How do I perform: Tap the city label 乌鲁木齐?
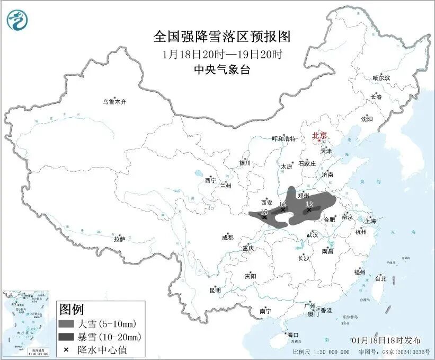(115, 102)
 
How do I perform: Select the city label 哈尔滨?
(380, 78)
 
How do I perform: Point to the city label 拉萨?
(119, 239)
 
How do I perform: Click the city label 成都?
(227, 238)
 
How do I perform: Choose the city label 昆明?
(215, 290)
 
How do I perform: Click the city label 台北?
(380, 278)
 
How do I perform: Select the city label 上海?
(370, 221)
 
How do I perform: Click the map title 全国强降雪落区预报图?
(222, 37)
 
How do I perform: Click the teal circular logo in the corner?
(17, 20)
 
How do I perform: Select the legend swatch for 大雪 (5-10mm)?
(66, 323)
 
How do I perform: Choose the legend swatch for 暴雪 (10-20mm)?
(66, 337)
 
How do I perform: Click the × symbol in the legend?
(66, 349)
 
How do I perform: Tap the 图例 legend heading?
(71, 309)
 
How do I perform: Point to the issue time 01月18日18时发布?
(386, 340)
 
